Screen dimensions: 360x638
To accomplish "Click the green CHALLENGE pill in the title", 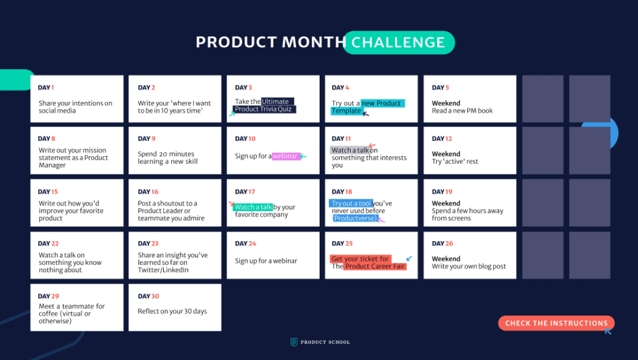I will point(399,42).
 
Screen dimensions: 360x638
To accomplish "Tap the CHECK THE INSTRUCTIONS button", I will point(556,323).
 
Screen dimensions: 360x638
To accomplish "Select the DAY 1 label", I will point(46,88).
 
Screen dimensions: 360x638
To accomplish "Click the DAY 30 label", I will point(148,296).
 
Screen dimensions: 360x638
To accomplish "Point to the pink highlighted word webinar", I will point(285,156).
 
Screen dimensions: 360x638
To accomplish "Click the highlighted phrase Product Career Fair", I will point(375,267).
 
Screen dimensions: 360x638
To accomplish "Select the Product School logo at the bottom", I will point(320,342).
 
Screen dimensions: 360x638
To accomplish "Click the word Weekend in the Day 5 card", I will point(446,103).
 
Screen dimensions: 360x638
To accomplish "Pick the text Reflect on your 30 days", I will point(173,311).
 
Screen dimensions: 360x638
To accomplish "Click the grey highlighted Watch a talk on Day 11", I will point(350,150).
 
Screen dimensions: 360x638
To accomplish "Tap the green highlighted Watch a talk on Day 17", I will point(253,207).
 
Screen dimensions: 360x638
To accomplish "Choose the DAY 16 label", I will point(148,192).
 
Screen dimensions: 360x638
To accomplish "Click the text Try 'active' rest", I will point(455,162).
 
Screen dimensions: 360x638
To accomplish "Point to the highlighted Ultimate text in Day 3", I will point(277,102).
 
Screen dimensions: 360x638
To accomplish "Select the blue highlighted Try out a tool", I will point(351,204).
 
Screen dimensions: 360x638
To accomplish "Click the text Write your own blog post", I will point(469,267).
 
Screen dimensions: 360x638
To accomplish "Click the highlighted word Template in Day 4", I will point(346,111).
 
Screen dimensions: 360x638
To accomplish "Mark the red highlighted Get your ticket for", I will point(360,259).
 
